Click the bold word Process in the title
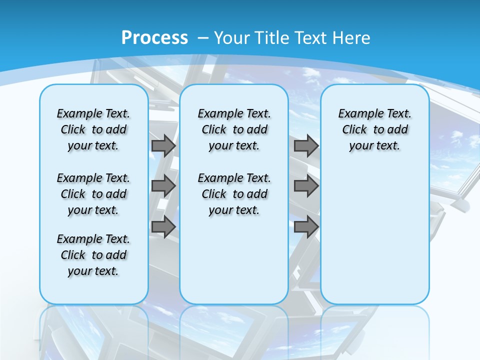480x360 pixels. coord(154,38)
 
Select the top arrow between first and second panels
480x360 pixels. coord(163,145)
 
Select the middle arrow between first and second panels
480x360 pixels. coord(163,186)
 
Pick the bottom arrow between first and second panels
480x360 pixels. coord(163,227)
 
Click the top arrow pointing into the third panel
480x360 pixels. coord(306,145)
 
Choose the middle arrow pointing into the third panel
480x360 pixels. coord(306,186)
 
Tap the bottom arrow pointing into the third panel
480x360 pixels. coord(306,227)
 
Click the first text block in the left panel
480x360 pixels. coord(93,129)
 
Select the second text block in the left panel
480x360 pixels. coord(93,194)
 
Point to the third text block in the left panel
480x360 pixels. coord(93,255)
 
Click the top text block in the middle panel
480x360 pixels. coord(234,129)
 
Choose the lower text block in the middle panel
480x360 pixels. coord(234,194)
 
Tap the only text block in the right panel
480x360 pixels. coord(375,129)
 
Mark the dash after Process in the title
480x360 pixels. coord(203,38)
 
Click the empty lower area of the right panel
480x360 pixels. coord(375,235)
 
